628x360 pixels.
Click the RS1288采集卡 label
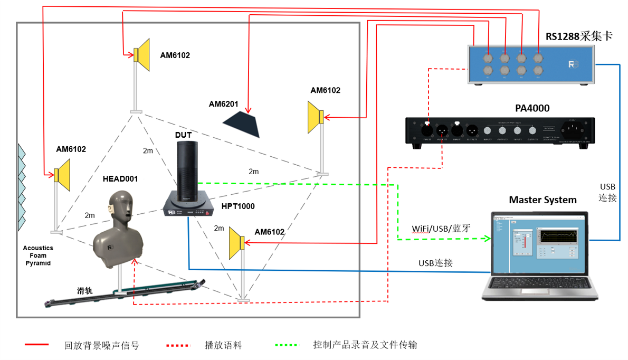(578, 36)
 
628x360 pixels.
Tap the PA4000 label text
(532, 108)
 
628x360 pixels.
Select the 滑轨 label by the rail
(84, 290)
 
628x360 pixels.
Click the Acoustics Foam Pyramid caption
(38, 255)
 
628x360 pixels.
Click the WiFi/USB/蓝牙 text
(441, 229)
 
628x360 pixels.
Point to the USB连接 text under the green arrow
(435, 263)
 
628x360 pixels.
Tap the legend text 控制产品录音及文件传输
(365, 345)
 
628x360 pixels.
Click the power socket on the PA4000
(574, 129)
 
